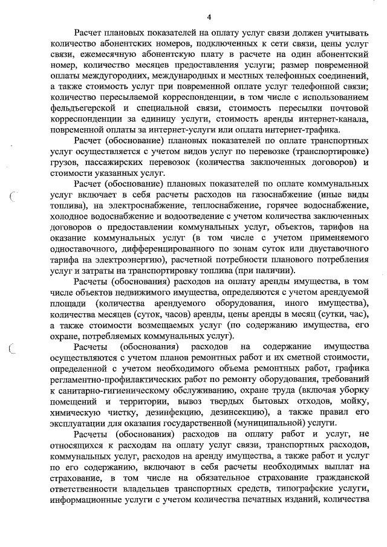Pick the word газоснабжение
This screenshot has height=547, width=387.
pos(262,195)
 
